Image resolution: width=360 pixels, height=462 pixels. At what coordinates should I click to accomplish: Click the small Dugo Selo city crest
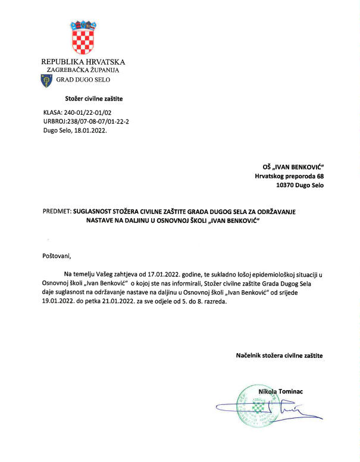coord(45,80)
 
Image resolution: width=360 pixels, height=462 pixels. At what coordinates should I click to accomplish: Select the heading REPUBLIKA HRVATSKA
coord(83,62)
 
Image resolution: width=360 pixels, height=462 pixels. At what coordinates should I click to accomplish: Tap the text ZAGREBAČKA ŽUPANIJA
coord(83,70)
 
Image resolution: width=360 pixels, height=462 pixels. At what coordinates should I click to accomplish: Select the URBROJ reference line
coord(86,121)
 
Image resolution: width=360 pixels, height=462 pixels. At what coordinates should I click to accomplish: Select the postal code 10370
coord(287,186)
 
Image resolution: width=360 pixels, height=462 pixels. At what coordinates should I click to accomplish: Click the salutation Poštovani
coord(57,256)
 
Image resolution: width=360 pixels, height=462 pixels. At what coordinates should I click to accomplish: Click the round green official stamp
coord(257,406)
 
